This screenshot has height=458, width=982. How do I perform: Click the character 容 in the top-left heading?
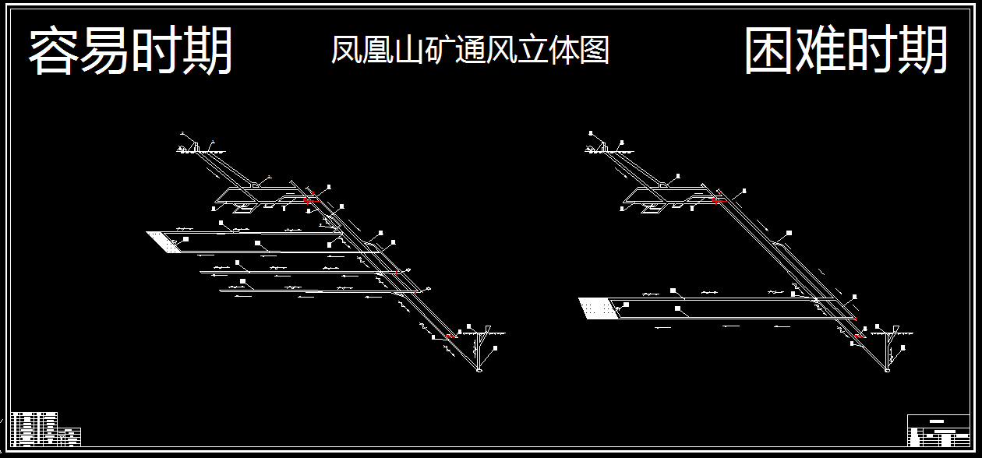point(54,51)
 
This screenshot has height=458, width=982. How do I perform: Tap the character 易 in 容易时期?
point(105,51)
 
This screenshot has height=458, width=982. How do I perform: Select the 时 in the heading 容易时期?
point(157,51)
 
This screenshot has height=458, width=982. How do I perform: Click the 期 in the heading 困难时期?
point(923,51)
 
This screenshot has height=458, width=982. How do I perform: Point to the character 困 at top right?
point(769,51)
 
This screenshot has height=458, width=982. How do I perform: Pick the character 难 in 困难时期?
point(821,51)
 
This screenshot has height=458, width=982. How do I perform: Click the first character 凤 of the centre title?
point(345,51)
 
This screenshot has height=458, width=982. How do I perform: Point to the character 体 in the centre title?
point(563,51)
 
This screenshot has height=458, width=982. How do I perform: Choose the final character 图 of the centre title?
point(595,51)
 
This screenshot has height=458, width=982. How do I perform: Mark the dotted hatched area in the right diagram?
point(598,308)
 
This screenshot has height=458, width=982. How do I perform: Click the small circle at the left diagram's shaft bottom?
point(479,370)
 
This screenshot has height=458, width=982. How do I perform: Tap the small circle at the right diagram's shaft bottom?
point(888,370)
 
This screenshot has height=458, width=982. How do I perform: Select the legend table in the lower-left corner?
point(45,428)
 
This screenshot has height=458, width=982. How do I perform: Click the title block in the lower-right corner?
point(938,430)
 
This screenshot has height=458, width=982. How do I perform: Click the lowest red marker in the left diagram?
point(449,336)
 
